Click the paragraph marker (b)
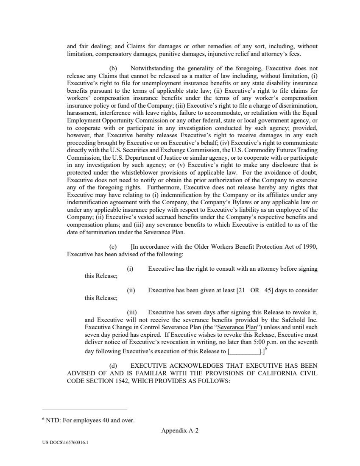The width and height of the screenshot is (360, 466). [x=113, y=68]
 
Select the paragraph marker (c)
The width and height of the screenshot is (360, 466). [x=113, y=247]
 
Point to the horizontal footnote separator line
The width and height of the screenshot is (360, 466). [x=85, y=410]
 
